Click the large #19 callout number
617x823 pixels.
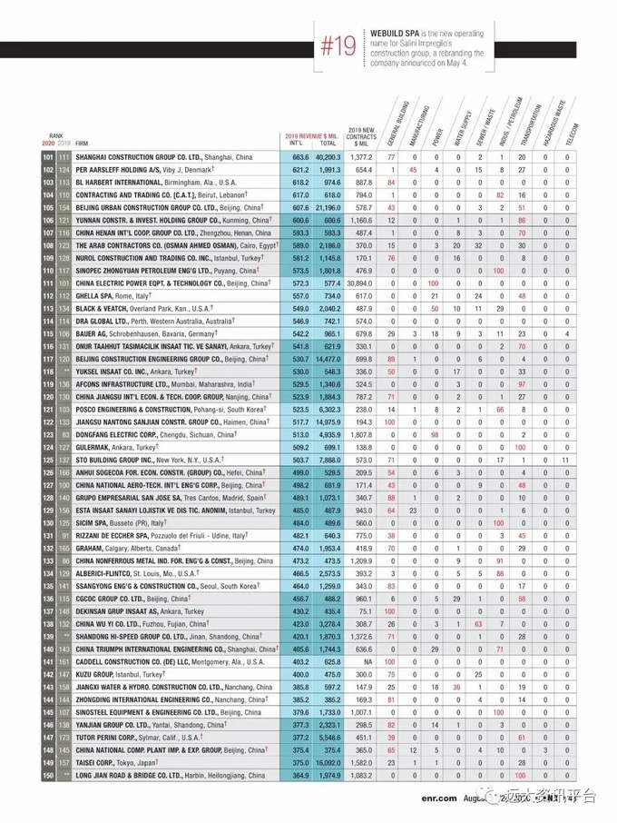tap(342, 47)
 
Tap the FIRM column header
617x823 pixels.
tap(83, 144)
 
